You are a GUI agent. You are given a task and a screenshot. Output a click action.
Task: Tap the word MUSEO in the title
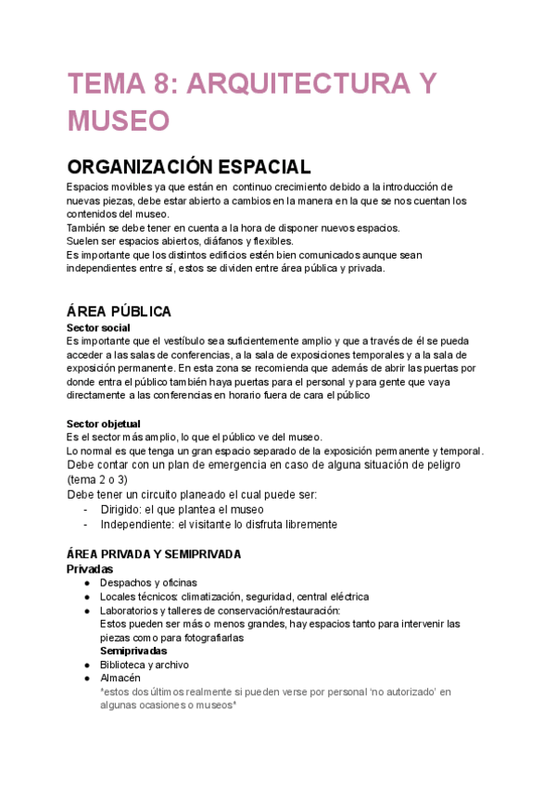pyautogui.click(x=118, y=121)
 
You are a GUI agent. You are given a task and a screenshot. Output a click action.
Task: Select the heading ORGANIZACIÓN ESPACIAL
pyautogui.click(x=188, y=168)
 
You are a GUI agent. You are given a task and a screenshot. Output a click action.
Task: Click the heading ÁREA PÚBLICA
pyautogui.click(x=119, y=311)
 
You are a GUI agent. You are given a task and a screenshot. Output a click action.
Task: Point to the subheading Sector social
pyautogui.click(x=98, y=328)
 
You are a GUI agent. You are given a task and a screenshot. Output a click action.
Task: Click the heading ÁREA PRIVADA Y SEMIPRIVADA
pyautogui.click(x=154, y=554)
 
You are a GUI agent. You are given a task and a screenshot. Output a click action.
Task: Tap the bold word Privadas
pyautogui.click(x=91, y=568)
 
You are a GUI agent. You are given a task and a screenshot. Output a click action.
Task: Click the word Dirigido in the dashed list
pyautogui.click(x=125, y=509)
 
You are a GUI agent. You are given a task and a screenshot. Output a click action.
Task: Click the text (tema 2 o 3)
pyautogui.click(x=97, y=480)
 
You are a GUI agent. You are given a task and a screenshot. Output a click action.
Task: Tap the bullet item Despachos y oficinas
pyautogui.click(x=148, y=582)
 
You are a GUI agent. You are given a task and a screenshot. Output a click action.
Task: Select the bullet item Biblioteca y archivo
pyautogui.click(x=145, y=665)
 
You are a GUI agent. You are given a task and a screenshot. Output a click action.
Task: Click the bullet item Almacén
pyautogui.click(x=120, y=678)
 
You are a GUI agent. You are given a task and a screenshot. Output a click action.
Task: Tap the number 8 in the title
pyautogui.click(x=163, y=85)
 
